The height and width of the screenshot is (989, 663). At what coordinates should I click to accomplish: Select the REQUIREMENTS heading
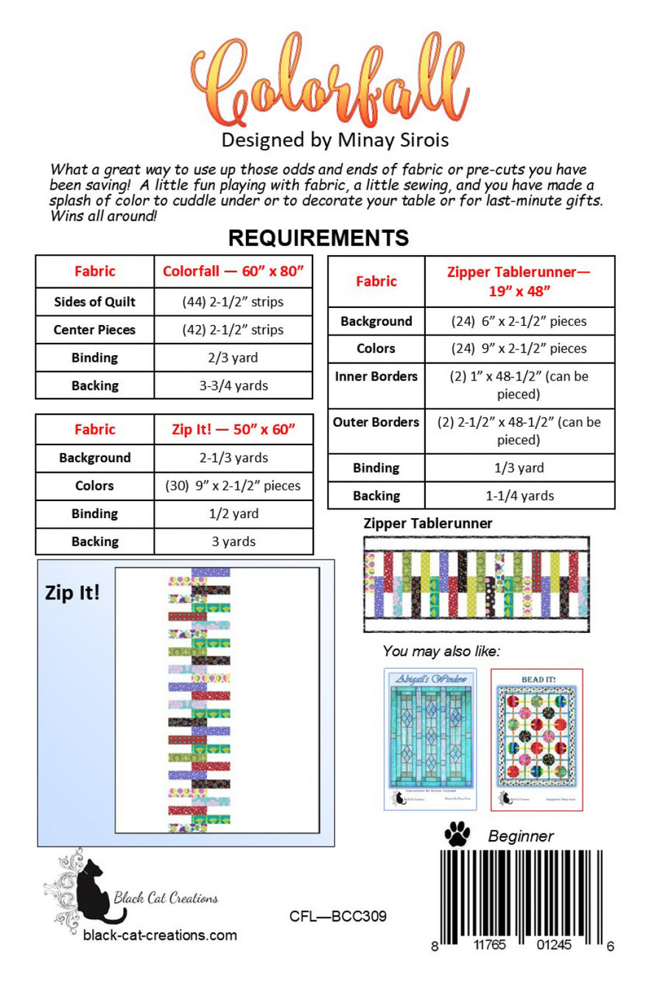318,237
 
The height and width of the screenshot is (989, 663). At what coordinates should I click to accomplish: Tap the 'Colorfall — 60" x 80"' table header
233,271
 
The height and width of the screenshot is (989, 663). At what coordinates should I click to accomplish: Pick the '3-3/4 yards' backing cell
233,385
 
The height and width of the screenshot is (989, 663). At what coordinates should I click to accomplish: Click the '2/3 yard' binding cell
233,357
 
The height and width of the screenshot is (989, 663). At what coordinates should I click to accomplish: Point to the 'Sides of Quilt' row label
94,301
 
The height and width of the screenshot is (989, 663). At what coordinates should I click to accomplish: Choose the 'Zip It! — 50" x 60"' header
233,429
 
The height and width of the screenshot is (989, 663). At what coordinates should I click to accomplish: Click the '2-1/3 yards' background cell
233,458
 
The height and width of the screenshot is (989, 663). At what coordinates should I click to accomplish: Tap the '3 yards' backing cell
233,542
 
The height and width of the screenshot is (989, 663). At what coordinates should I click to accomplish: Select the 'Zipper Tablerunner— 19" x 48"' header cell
519,281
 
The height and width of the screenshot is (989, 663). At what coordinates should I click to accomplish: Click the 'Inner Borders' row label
376,377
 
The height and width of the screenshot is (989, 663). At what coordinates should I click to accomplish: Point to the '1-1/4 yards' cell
519,496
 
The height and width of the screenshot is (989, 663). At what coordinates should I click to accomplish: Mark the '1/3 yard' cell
519,468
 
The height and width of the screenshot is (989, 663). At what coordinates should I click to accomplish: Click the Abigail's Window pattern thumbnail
430,738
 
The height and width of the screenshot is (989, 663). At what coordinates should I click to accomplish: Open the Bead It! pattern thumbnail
537,739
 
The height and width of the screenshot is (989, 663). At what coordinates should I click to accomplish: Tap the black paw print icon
457,834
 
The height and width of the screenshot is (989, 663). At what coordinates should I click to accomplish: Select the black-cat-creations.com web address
160,935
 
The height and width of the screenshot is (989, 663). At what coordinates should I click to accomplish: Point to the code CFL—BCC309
337,916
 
